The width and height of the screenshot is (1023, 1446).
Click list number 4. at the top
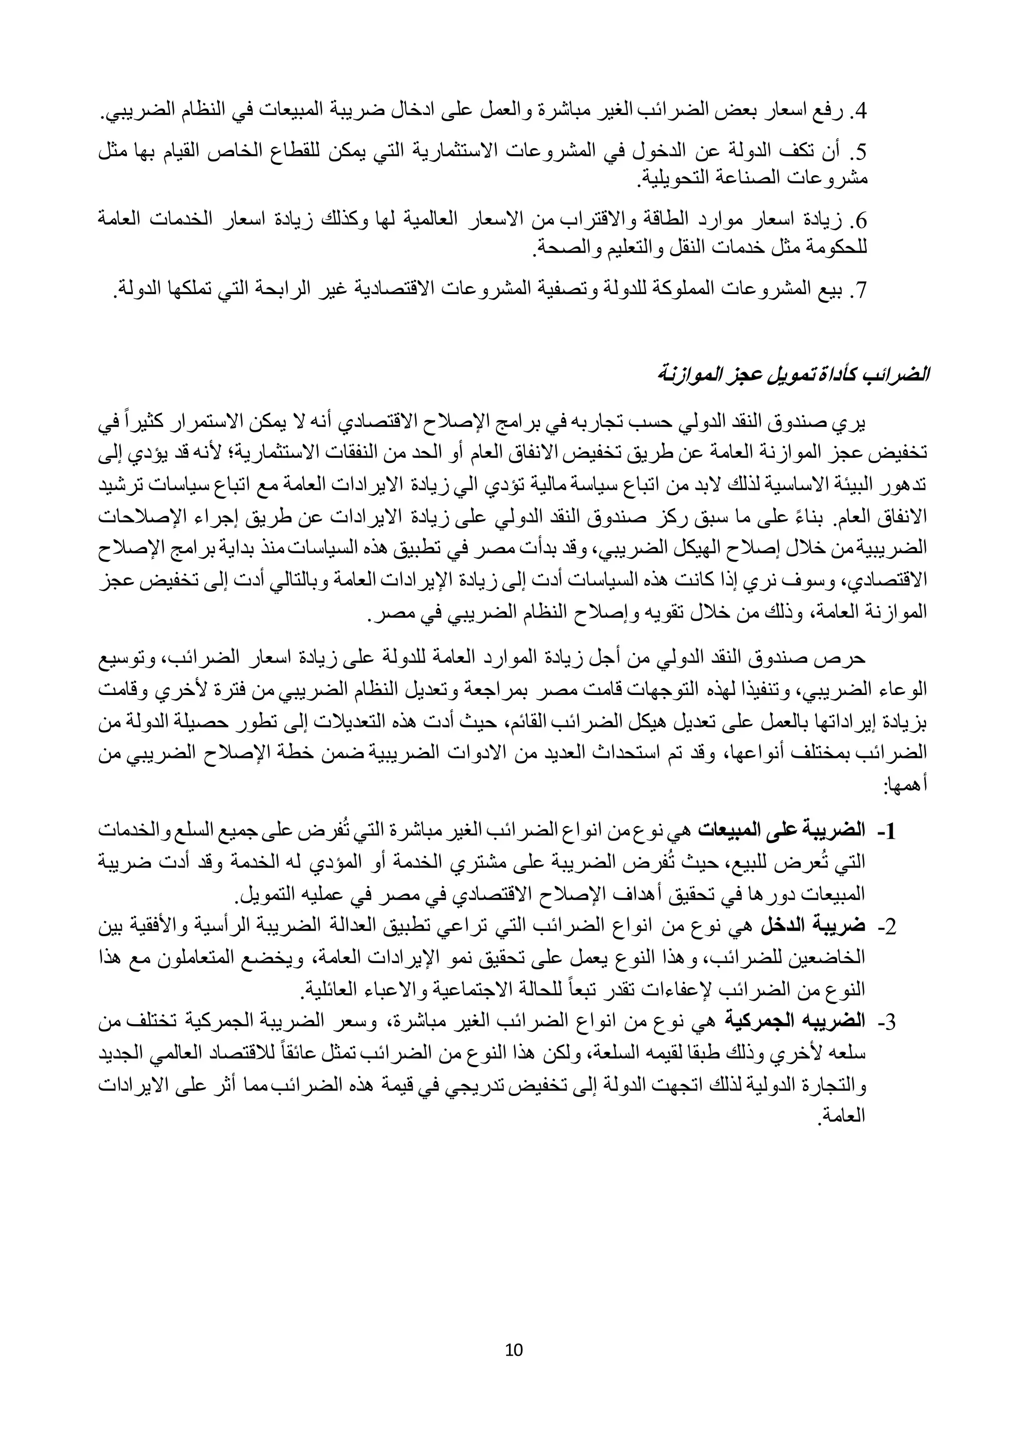[x=860, y=113]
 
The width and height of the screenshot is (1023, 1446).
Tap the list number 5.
[x=860, y=152]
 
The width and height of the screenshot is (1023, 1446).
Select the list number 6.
[x=860, y=221]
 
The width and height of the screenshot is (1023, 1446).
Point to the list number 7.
[x=860, y=290]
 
